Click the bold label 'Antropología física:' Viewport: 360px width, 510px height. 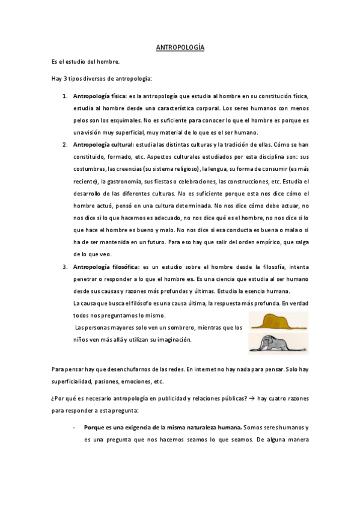(x=100, y=96)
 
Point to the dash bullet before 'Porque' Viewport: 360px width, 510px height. (x=73, y=428)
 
